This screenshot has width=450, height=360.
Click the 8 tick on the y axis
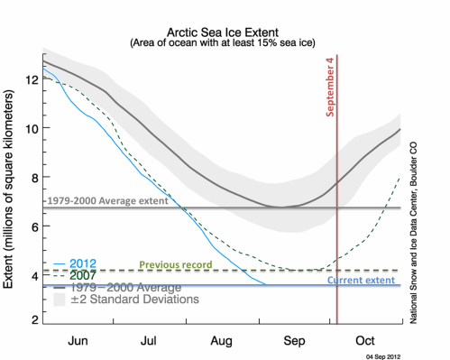[x=32, y=177]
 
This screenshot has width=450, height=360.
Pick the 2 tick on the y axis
[x=32, y=320]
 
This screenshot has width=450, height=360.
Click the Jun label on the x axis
[x=78, y=341]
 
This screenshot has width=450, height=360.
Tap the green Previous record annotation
[x=175, y=264]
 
